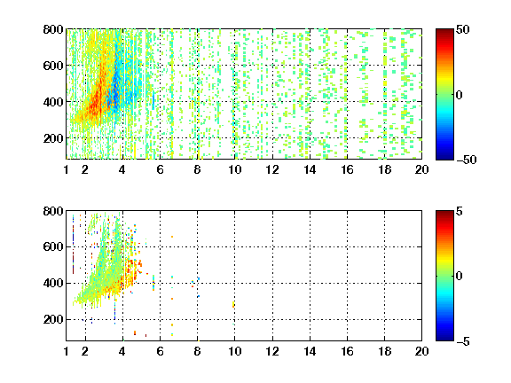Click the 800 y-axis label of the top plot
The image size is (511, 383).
click(53, 29)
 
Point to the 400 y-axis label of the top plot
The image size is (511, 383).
click(53, 102)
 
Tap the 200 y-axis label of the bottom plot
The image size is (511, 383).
click(53, 319)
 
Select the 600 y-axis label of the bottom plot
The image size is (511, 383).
click(53, 246)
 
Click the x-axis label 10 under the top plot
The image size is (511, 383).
click(234, 169)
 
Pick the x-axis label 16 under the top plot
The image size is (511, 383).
click(347, 169)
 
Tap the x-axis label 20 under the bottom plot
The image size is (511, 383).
click(421, 351)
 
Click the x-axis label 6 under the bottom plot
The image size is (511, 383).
click(160, 351)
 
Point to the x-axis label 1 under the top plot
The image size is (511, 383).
click(67, 169)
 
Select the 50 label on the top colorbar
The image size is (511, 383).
click(462, 29)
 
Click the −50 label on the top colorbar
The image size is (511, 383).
click(466, 160)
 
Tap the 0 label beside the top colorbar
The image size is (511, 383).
click(460, 95)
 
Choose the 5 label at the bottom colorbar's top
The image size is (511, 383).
click(460, 211)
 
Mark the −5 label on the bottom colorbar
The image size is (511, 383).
click(463, 341)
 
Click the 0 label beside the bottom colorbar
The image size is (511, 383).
click(460, 277)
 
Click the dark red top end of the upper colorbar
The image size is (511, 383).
click(444, 31)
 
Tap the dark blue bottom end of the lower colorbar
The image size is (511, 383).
click(444, 339)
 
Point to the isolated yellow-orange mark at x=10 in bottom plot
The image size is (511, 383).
click(233, 304)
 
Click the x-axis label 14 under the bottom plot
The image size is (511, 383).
click(310, 351)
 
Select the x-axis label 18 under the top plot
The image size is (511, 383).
click(384, 169)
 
